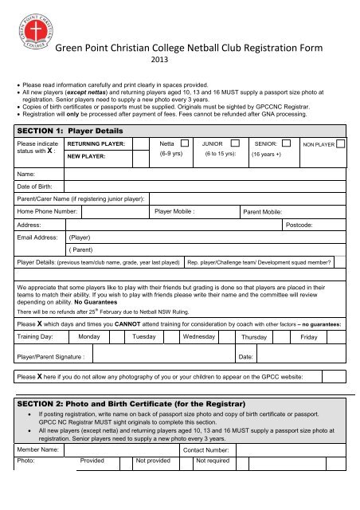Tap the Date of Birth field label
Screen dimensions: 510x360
pos(39,186)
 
